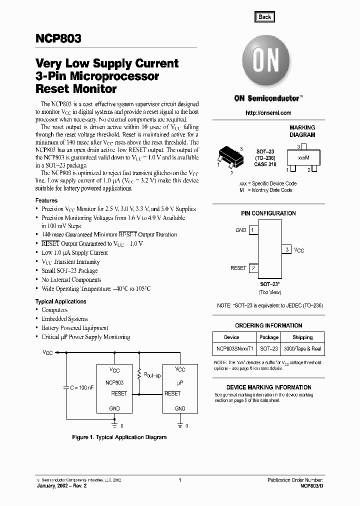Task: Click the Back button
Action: click(x=264, y=16)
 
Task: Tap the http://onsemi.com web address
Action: click(x=268, y=113)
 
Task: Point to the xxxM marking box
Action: click(x=303, y=158)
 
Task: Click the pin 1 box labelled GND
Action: click(x=253, y=230)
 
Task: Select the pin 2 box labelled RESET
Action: click(x=253, y=268)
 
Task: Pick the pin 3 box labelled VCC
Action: click(x=286, y=249)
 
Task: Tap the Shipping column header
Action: click(x=302, y=337)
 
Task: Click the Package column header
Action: click(x=269, y=337)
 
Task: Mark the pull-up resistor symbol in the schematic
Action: click(x=139, y=374)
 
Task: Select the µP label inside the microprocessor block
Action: click(x=180, y=382)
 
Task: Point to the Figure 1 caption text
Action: click(x=119, y=437)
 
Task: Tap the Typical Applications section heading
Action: click(x=60, y=301)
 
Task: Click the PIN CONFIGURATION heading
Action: click(x=268, y=213)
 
